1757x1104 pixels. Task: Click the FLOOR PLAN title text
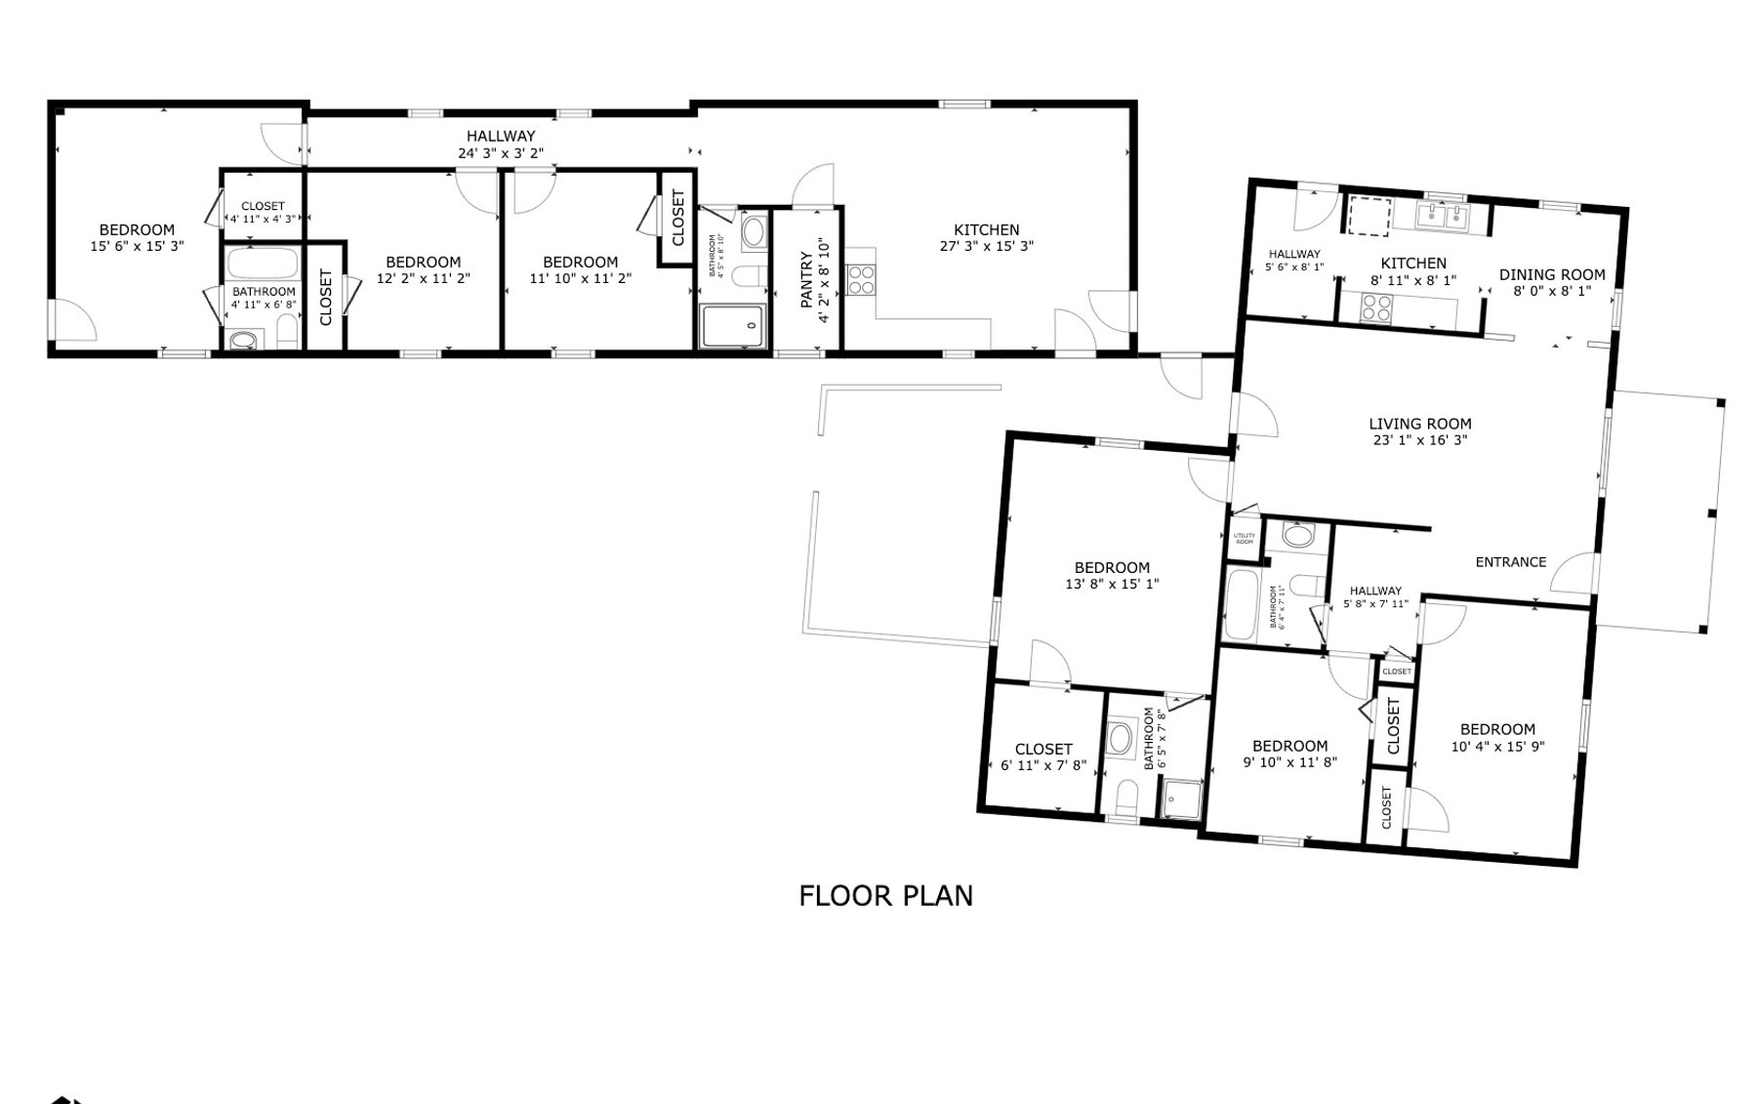[x=885, y=895]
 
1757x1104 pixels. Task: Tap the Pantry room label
[x=806, y=280]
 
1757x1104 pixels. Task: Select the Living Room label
[x=1419, y=424]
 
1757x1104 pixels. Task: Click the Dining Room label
[x=1552, y=274]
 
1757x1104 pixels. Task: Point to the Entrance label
[x=1510, y=562]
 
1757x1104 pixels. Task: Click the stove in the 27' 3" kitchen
[x=861, y=280]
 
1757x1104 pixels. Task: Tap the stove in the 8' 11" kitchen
[x=1376, y=307]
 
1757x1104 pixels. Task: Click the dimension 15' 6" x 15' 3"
[x=137, y=247]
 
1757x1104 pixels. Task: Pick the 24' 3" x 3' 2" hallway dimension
[x=500, y=153]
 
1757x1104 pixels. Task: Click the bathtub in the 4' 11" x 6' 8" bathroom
[x=264, y=264]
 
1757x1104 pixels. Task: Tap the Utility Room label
[x=1244, y=539]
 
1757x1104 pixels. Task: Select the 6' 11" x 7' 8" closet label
[x=1043, y=750]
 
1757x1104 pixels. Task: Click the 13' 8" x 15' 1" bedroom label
[x=1112, y=567]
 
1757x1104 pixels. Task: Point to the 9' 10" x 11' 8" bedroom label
[x=1289, y=746]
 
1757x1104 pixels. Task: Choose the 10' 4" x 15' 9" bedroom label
[x=1497, y=729]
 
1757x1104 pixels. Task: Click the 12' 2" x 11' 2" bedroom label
[x=423, y=262]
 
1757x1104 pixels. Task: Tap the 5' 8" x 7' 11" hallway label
[x=1375, y=591]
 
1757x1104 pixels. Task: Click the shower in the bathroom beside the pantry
[x=732, y=326]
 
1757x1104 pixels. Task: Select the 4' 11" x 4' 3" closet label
[x=263, y=207]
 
